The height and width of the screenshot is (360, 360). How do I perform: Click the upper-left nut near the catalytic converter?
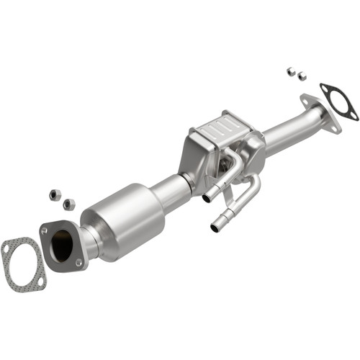tap(53, 194)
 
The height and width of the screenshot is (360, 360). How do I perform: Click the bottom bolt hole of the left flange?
tap(78, 263)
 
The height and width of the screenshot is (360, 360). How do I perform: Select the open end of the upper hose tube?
tap(207, 197)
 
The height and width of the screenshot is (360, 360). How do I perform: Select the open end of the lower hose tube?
tap(215, 228)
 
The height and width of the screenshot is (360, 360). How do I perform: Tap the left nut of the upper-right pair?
tap(290, 71)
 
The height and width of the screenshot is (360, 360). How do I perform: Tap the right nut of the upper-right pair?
tap(302, 75)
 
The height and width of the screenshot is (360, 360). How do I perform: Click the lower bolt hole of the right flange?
tap(335, 127)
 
